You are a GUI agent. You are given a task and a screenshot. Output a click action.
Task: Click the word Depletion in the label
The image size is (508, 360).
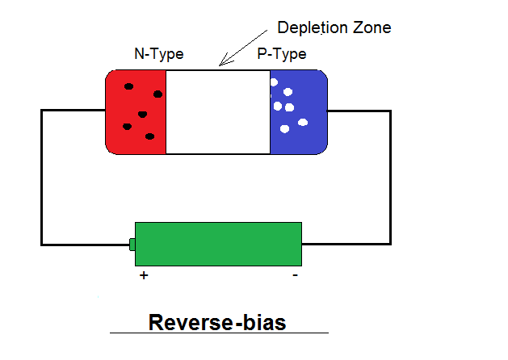point(306,27)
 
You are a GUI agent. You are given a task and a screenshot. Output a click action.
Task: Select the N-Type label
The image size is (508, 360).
point(158,55)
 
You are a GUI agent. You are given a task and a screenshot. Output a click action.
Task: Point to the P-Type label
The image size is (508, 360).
point(281,55)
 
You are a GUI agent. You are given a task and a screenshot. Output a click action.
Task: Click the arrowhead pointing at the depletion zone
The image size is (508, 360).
point(223,62)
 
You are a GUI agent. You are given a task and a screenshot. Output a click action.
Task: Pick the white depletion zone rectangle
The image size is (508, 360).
point(218,111)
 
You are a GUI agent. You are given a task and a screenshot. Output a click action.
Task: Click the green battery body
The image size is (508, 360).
point(218,244)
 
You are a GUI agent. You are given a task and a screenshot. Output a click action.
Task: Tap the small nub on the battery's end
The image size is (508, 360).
point(132,245)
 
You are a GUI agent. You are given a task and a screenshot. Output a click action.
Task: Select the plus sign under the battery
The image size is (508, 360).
point(145,275)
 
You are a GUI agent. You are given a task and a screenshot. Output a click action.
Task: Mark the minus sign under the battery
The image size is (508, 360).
point(295,275)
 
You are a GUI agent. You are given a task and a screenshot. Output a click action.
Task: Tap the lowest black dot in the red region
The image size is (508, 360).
point(149,136)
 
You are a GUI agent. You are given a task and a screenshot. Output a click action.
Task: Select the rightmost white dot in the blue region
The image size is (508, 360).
point(304,123)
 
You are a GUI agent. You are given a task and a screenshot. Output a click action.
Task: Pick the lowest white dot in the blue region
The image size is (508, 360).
point(283,129)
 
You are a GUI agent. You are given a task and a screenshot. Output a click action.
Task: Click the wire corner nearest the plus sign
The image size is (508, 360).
point(42,244)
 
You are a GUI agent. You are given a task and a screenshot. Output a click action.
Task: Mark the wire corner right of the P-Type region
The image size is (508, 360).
point(391,111)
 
